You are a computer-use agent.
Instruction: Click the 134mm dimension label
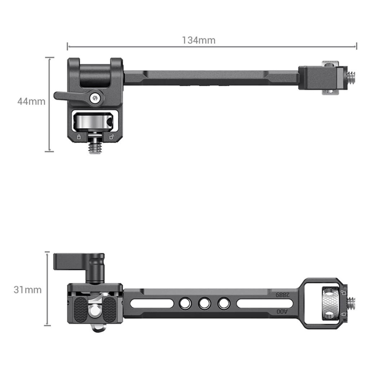pyautogui.click(x=199, y=40)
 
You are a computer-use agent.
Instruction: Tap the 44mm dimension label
pyautogui.click(x=31, y=101)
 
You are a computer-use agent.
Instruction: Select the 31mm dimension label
pyautogui.click(x=27, y=290)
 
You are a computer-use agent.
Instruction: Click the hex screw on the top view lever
pyautogui.click(x=95, y=98)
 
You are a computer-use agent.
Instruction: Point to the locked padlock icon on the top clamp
pyautogui.click(x=79, y=137)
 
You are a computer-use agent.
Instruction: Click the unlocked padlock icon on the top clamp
pyautogui.click(x=112, y=137)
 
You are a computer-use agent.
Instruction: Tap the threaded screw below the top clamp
pyautogui.click(x=95, y=146)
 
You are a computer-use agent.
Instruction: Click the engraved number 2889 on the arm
pyautogui.click(x=283, y=294)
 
